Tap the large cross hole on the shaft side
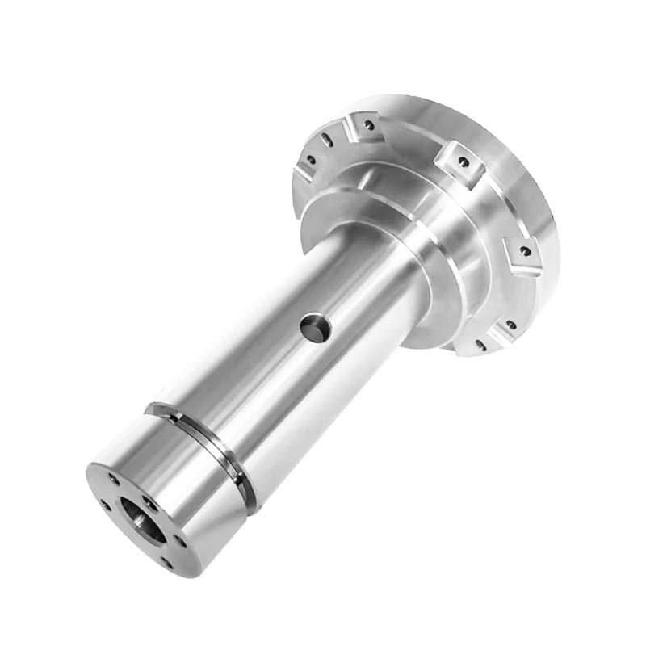[x=313, y=328]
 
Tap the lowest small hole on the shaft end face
[x=166, y=563]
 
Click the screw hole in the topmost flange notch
[x=368, y=125]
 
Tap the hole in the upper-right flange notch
[x=464, y=161]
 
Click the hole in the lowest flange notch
[x=510, y=325]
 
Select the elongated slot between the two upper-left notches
[x=326, y=141]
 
